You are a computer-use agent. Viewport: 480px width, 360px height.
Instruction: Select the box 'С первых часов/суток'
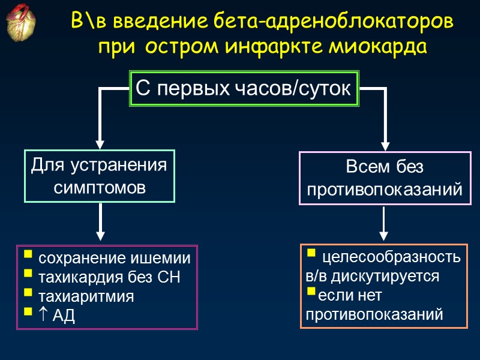point(244,89)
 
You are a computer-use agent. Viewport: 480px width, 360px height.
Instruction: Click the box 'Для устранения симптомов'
point(99,176)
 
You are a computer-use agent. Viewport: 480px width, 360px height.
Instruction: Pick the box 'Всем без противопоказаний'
point(385,178)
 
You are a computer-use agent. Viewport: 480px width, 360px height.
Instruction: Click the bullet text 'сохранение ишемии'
point(114,259)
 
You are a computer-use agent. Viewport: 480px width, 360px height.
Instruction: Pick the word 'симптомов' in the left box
point(99,187)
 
